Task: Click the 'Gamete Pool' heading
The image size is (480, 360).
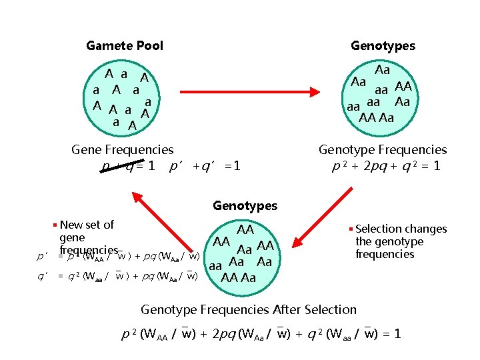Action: [125, 46]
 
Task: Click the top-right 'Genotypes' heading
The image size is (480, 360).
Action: [383, 46]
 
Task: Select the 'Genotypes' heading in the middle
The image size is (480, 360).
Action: [245, 206]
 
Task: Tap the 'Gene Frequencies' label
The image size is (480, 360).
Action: [122, 150]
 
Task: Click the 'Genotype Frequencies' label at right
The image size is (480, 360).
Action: [383, 150]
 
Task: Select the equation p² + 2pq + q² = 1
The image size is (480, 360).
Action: [386, 165]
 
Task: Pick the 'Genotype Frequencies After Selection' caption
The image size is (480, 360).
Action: [249, 309]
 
